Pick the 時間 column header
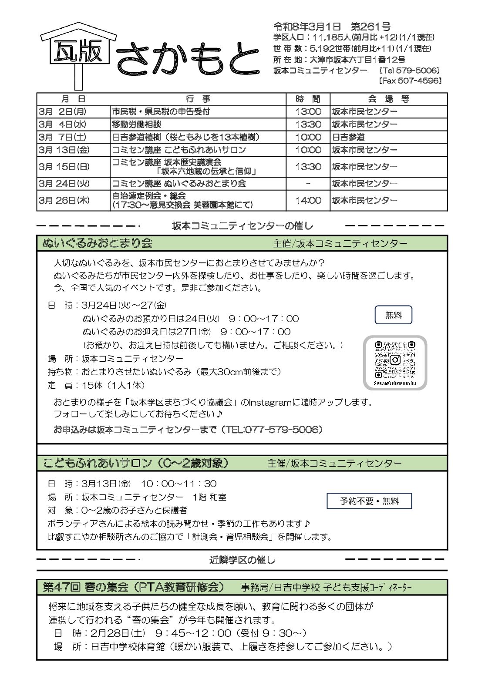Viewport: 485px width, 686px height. tap(308, 99)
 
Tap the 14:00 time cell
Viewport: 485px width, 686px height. tap(308, 200)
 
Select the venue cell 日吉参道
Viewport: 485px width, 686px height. tap(348, 137)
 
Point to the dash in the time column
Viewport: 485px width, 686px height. tap(308, 184)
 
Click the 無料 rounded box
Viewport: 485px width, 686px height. tap(393, 315)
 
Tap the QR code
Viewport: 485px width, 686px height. tap(395, 360)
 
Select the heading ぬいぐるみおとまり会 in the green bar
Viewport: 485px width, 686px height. tap(98, 243)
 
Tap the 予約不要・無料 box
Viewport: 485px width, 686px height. tap(369, 501)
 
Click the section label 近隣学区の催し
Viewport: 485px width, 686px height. tap(242, 560)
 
